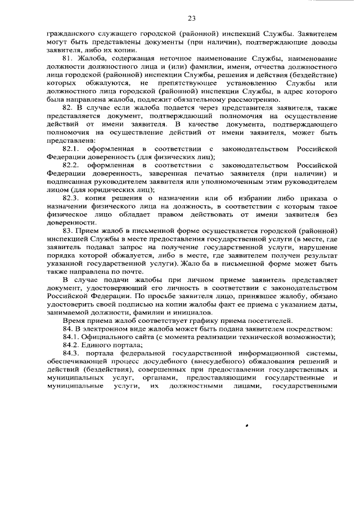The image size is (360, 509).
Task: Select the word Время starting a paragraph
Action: [x=74, y=320]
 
